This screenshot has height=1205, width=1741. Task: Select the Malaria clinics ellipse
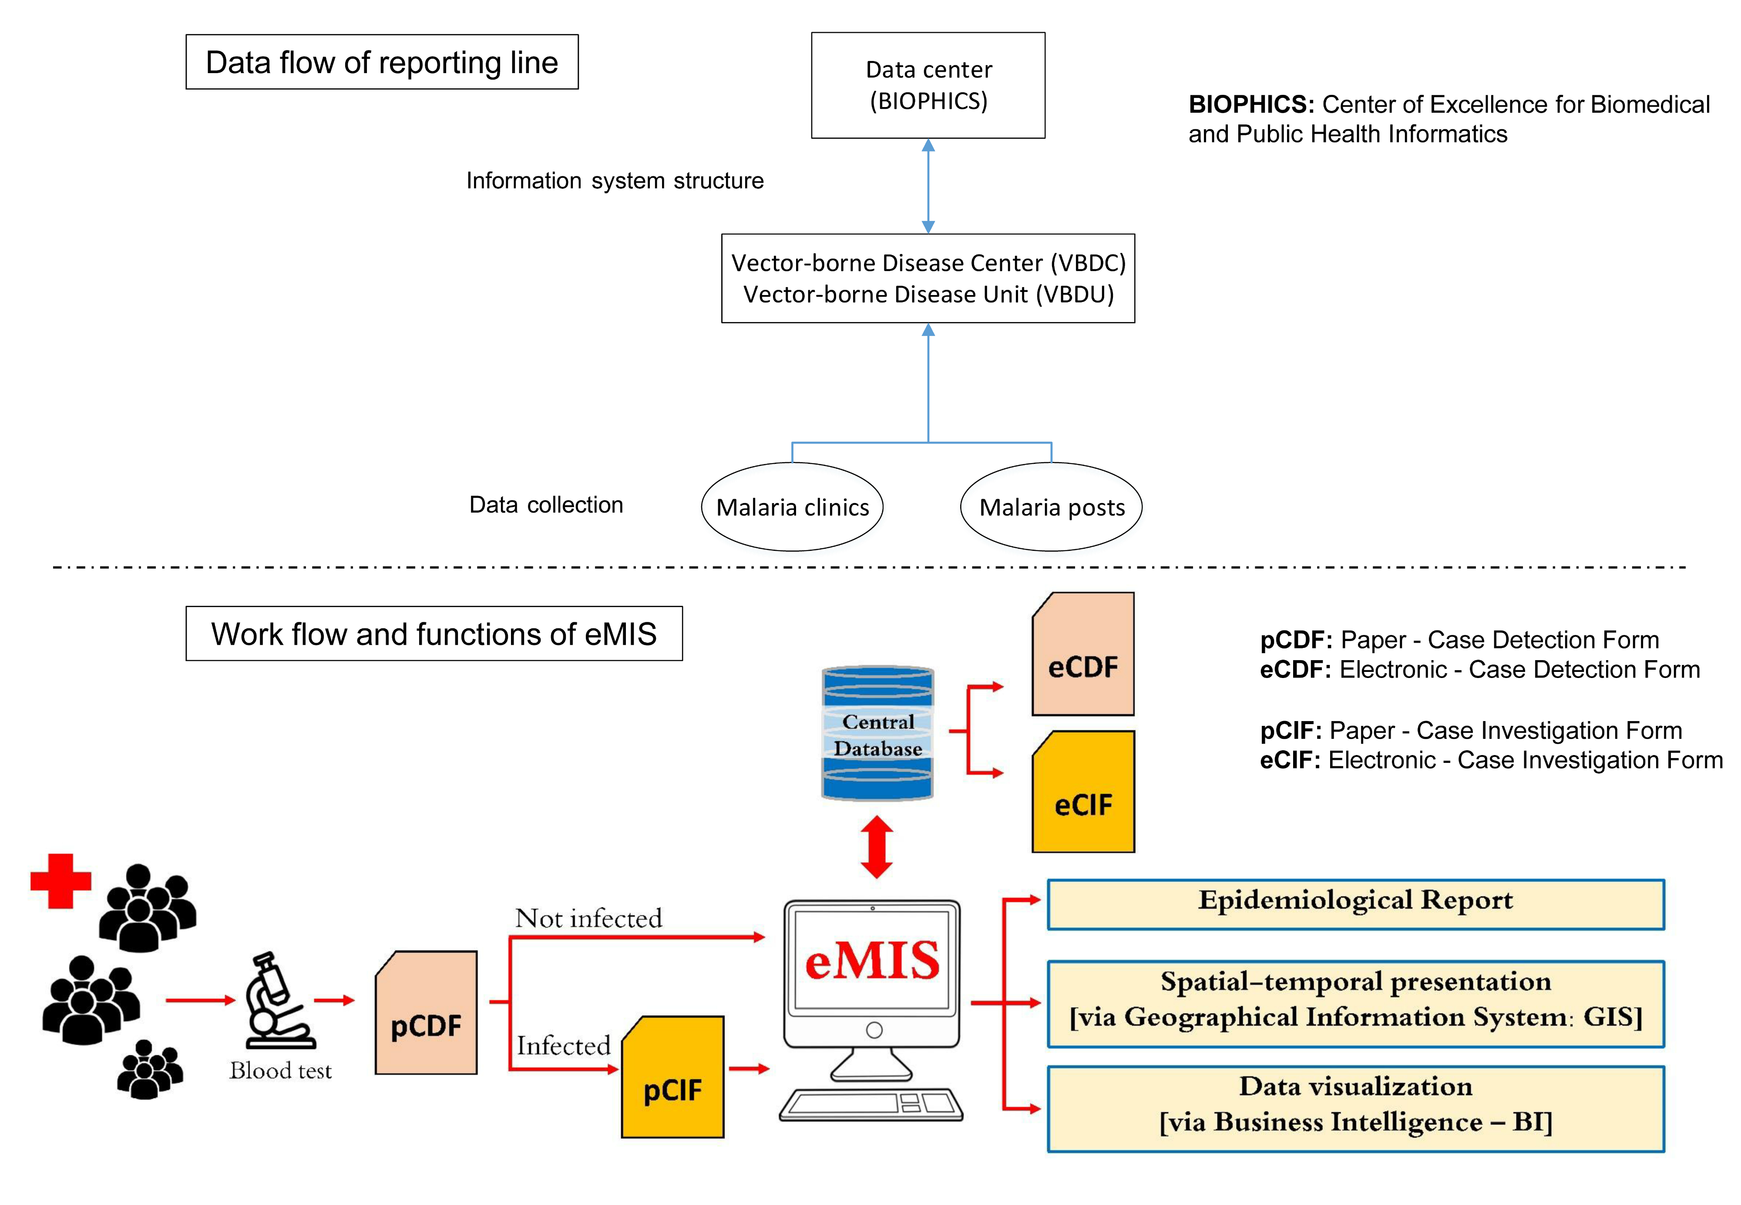(x=792, y=507)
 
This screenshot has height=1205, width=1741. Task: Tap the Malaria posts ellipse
(x=1051, y=507)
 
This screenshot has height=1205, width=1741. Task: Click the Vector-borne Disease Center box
(x=928, y=278)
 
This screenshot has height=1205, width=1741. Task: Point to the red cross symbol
(x=60, y=881)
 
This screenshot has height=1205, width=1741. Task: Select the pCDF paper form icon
(x=426, y=1013)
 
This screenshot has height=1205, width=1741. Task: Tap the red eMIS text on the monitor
(x=872, y=961)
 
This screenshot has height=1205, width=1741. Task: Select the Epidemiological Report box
(x=1355, y=904)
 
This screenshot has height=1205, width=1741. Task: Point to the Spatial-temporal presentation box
(x=1355, y=1004)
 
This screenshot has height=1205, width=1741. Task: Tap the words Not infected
(x=588, y=918)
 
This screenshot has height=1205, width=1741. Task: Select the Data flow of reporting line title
(x=382, y=62)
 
